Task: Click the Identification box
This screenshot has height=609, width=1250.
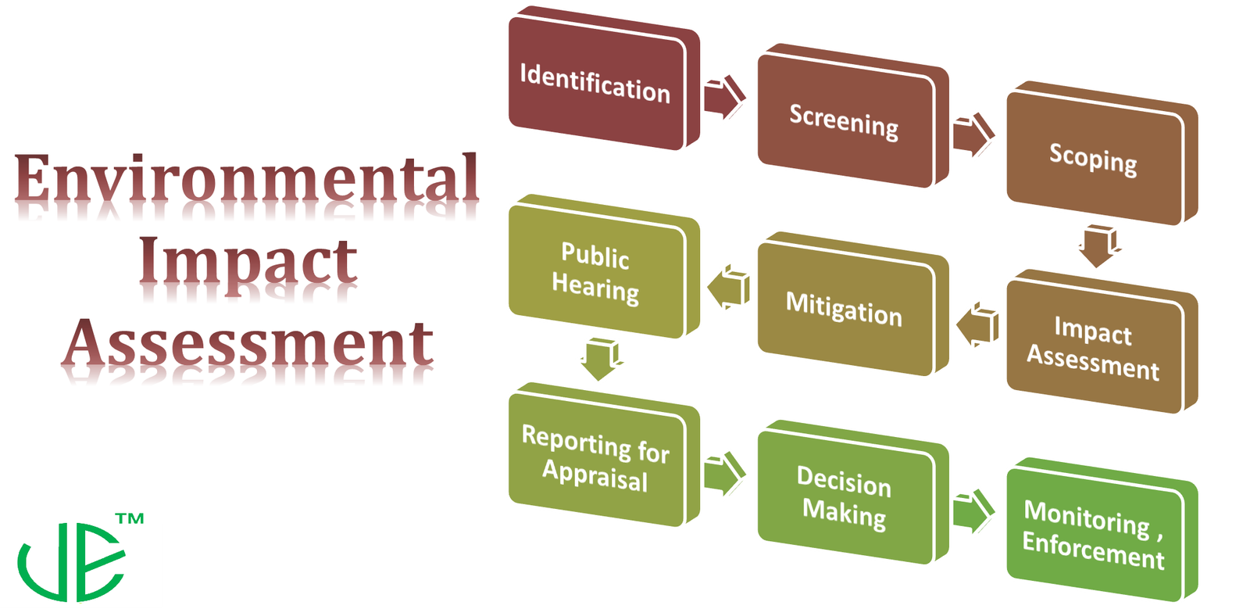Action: point(597,83)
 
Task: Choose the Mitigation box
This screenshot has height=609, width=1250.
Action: point(845,309)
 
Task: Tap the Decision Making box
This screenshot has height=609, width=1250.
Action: point(845,497)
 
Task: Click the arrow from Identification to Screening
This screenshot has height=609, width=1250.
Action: point(723,97)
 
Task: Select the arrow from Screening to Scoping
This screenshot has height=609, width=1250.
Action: point(973,134)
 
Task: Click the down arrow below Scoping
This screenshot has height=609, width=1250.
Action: point(1099,245)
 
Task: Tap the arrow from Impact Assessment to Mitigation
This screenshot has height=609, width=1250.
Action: point(978,324)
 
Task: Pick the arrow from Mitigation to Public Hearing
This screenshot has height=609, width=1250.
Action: point(729,286)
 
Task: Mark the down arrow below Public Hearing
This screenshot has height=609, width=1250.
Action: point(601,358)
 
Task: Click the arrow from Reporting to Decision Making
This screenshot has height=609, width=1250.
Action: point(723,473)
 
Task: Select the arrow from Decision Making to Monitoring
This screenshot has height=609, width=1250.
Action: point(973,511)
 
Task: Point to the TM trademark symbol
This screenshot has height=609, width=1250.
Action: point(130,518)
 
